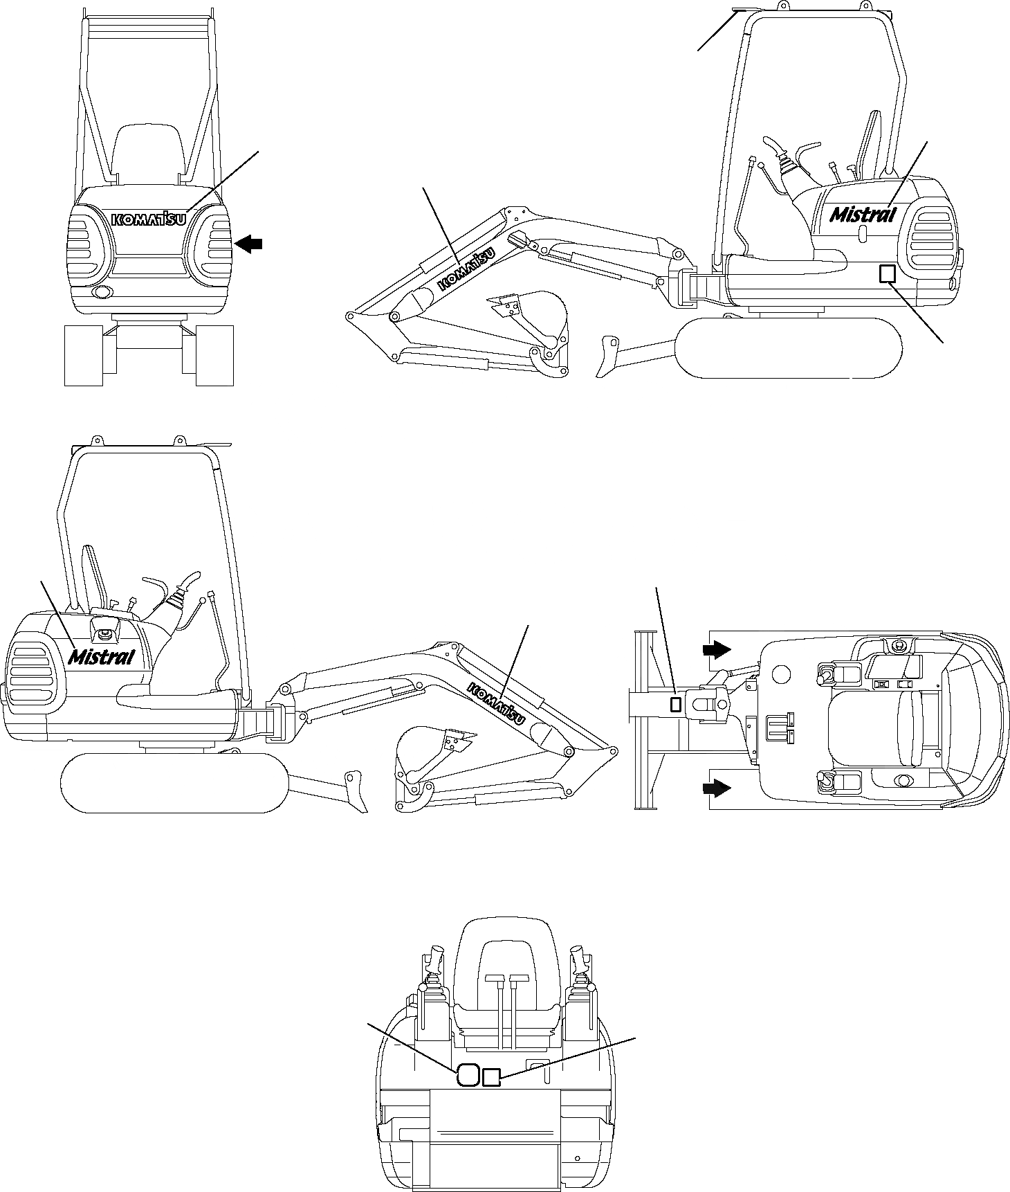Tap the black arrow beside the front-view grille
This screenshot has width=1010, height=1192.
[249, 243]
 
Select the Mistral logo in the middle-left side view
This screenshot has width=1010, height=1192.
[102, 655]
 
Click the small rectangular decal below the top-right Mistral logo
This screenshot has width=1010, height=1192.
[886, 273]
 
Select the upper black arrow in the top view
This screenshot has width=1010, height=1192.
[717, 649]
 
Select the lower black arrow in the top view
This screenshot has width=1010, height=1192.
[717, 787]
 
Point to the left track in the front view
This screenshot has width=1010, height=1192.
[83, 355]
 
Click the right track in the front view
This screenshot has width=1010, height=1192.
[214, 355]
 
